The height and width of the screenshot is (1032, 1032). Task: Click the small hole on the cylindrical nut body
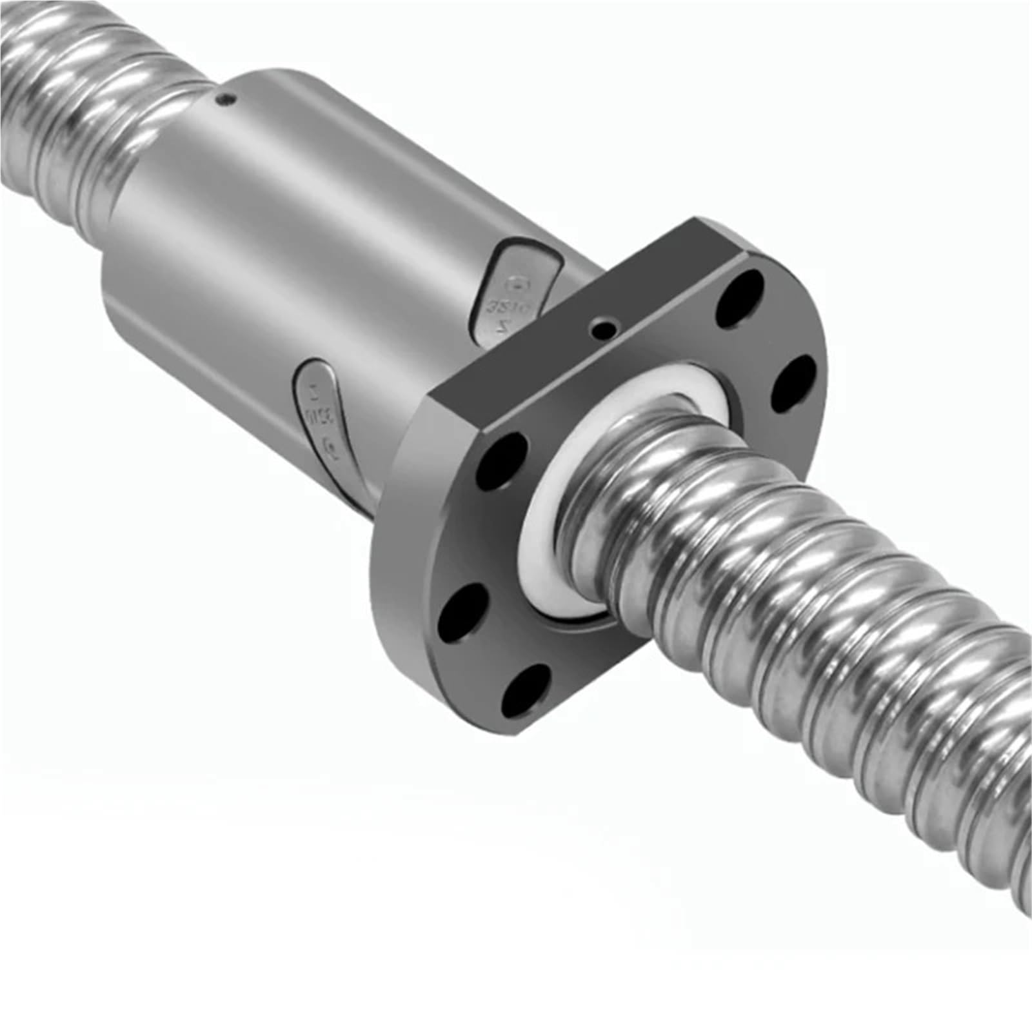pos(225,99)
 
